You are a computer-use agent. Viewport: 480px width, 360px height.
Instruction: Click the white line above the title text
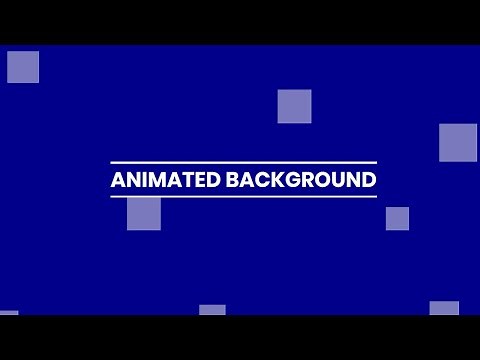243,162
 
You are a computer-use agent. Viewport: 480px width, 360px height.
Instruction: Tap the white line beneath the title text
243,197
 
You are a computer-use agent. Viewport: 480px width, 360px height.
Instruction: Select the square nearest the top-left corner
23,67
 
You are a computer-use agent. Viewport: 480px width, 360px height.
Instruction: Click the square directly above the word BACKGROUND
294,106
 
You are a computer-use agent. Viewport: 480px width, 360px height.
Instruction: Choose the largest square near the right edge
458,142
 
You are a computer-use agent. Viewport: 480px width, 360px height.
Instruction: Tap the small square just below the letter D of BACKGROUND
397,218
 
